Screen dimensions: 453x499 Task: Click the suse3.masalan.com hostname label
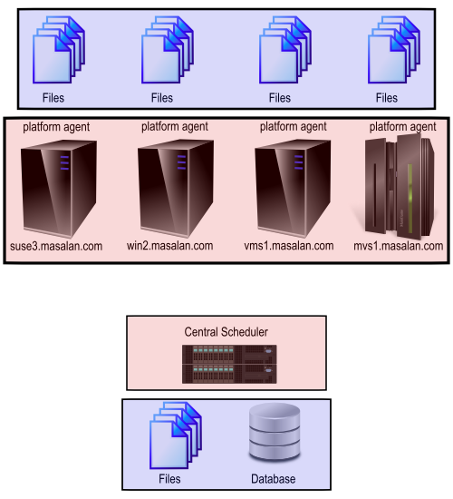[x=56, y=246]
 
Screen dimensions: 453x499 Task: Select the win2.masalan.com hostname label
[x=169, y=246]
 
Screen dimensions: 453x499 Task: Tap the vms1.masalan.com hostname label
[x=289, y=246]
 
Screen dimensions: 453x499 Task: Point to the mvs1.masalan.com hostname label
[x=399, y=246]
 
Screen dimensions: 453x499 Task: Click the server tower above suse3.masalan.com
[x=59, y=189]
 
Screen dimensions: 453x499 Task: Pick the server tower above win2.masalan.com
[x=176, y=189]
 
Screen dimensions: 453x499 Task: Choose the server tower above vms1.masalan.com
[x=293, y=189]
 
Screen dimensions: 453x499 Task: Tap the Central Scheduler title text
[x=226, y=332]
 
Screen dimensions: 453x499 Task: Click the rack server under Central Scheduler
[x=229, y=364]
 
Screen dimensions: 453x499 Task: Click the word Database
[x=273, y=479]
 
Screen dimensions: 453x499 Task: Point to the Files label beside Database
[x=169, y=479]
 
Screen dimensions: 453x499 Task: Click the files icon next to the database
[x=176, y=435]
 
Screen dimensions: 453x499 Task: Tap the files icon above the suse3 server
[x=59, y=50]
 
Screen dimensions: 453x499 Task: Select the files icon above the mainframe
[x=394, y=50]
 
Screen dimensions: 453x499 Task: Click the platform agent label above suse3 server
[x=56, y=127]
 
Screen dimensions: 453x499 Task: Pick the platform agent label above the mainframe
[x=402, y=127]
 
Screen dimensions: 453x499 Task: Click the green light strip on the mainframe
[x=410, y=198]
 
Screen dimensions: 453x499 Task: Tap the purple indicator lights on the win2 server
[x=181, y=162]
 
